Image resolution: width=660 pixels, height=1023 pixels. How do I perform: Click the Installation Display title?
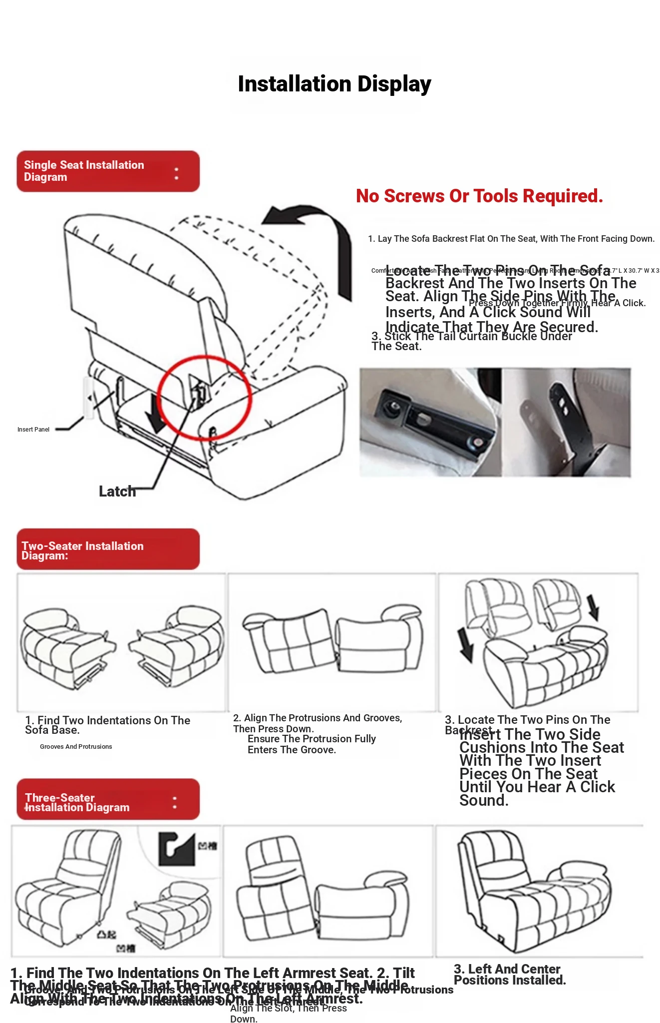tap(334, 84)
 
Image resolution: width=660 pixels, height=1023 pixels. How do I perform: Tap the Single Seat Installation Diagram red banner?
tap(108, 171)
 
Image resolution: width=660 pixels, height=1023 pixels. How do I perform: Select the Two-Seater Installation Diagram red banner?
tap(108, 549)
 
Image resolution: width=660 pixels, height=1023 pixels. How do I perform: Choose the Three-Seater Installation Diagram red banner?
tap(108, 799)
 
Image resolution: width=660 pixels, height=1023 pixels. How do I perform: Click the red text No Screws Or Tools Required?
tap(479, 196)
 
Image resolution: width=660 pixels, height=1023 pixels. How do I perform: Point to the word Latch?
tap(117, 492)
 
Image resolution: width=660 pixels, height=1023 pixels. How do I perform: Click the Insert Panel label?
tap(33, 430)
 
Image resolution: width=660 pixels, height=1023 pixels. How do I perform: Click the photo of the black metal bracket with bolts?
tap(430, 422)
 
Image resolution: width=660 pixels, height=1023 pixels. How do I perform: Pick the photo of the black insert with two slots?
tap(567, 422)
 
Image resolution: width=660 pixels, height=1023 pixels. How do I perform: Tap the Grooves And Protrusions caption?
tap(76, 747)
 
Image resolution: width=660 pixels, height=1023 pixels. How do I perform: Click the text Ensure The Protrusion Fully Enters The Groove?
tap(311, 744)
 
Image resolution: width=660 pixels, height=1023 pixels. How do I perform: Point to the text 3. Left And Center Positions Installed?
tap(509, 975)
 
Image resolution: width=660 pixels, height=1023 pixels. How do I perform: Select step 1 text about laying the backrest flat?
tap(511, 239)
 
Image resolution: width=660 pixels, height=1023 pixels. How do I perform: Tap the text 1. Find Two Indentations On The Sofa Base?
tap(107, 725)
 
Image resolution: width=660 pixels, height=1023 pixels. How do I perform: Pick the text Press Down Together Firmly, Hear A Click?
tap(557, 303)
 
